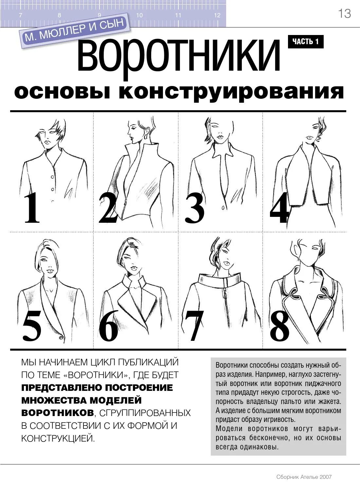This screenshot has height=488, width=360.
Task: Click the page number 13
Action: click(x=344, y=13)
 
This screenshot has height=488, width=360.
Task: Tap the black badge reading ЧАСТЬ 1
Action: click(x=305, y=42)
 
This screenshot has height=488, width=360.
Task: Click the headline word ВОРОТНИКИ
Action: click(x=179, y=56)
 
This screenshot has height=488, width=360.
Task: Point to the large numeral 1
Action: click(x=32, y=208)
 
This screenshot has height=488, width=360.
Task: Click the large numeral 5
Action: click(x=32, y=325)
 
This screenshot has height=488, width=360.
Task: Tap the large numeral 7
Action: click(x=194, y=325)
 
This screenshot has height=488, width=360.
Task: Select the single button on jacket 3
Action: click(x=224, y=208)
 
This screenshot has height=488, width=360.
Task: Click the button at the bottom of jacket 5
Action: click(x=61, y=337)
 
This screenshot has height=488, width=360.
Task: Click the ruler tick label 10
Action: click(x=139, y=15)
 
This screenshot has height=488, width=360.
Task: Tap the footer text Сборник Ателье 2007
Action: click(x=304, y=477)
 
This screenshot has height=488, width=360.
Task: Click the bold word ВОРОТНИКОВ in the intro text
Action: click(x=57, y=413)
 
